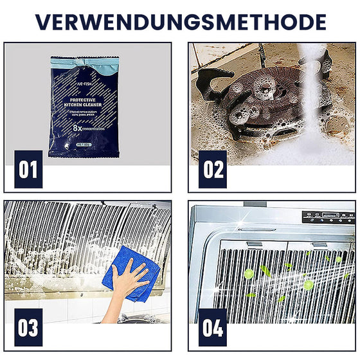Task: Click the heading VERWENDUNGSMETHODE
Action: point(180,21)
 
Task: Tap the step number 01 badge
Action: point(28,169)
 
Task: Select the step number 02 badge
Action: point(213,169)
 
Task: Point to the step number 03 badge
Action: point(28,327)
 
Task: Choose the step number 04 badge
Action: point(213,327)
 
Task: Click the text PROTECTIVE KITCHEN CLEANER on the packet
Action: point(85,104)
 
